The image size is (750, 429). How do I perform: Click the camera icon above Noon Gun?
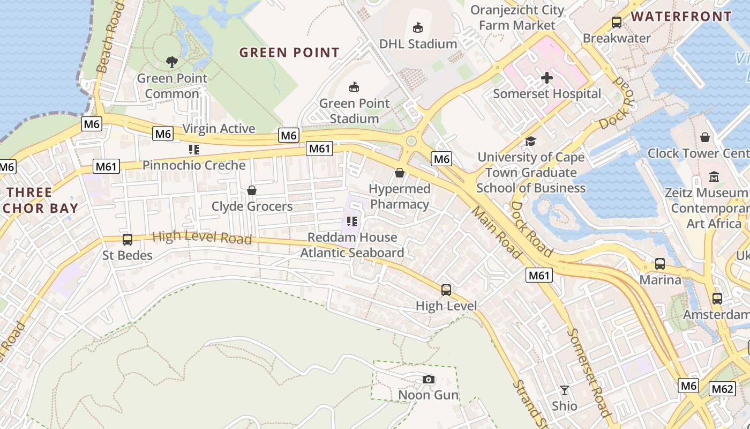pyautogui.click(x=429, y=380)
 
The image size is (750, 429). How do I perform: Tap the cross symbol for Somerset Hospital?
pyautogui.click(x=546, y=78)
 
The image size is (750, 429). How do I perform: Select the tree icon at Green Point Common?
pyautogui.click(x=171, y=62)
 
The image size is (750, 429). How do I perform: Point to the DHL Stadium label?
pyautogui.click(x=418, y=43)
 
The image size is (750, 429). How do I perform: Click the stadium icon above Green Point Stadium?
pyautogui.click(x=354, y=87)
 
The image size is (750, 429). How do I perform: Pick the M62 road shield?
pyautogui.click(x=722, y=389)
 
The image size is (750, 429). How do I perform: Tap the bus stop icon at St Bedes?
pyautogui.click(x=127, y=240)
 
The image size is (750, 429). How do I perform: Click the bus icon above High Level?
pyautogui.click(x=446, y=290)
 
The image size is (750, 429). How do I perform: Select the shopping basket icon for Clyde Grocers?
pyautogui.click(x=252, y=190)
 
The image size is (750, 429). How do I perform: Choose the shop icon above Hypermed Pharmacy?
pyautogui.click(x=399, y=173)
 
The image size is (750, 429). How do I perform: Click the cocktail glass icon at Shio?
pyautogui.click(x=564, y=390)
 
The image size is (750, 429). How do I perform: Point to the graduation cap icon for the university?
pyautogui.click(x=530, y=141)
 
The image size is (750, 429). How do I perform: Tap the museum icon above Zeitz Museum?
pyautogui.click(x=714, y=176)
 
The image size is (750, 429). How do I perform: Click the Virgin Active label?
pyautogui.click(x=219, y=129)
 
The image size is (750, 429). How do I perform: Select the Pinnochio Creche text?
pyautogui.click(x=194, y=165)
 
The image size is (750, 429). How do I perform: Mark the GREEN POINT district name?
pyautogui.click(x=289, y=53)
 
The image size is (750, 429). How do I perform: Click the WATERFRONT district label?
pyautogui.click(x=681, y=17)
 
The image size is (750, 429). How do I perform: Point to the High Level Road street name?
pyautogui.click(x=202, y=237)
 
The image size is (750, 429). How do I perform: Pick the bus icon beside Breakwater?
pyautogui.click(x=616, y=23)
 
